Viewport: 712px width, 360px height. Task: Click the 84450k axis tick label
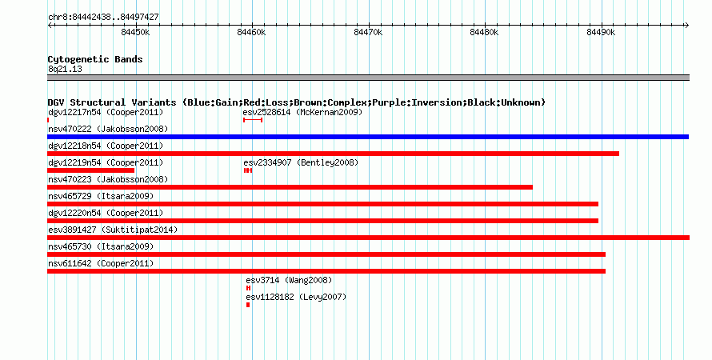point(135,32)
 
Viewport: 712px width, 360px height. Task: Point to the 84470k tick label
point(368,32)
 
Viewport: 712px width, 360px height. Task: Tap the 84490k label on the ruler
point(601,32)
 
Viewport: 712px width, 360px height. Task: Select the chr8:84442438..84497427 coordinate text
point(103,18)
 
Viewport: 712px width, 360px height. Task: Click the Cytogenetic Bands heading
point(95,59)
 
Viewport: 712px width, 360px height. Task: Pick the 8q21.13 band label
point(65,70)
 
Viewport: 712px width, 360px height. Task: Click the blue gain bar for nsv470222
point(368,137)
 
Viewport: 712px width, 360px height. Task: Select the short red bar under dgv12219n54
point(91,170)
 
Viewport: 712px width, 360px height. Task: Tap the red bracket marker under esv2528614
point(253,120)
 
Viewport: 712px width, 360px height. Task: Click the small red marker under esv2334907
point(248,170)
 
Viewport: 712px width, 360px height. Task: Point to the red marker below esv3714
point(248,288)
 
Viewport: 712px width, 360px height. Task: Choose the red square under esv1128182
point(248,305)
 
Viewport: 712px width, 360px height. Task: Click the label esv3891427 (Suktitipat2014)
point(113,230)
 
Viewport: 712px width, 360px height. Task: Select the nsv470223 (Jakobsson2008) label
point(108,180)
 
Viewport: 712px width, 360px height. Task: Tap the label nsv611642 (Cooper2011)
point(101,264)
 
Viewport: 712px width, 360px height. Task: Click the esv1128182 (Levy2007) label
point(296,298)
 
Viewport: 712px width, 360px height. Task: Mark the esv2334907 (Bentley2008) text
point(301,162)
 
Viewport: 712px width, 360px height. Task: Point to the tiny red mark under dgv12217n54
point(48,120)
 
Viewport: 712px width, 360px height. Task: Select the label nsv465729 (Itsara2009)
point(101,197)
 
